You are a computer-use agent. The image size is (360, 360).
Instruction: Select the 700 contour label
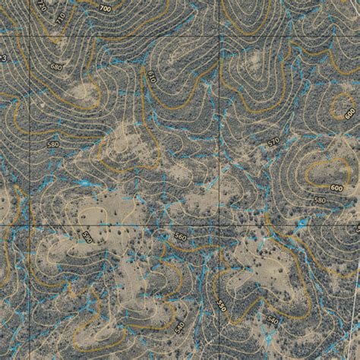(105, 8)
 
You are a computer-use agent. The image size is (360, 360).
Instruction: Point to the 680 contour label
(55, 67)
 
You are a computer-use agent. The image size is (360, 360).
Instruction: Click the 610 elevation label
(151, 77)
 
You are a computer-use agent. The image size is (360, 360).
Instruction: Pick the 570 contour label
(273, 142)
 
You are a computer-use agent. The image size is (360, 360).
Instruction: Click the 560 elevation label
(180, 237)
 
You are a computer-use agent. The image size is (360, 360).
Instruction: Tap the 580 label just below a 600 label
(319, 200)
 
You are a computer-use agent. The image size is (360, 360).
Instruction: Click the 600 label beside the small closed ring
(349, 113)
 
